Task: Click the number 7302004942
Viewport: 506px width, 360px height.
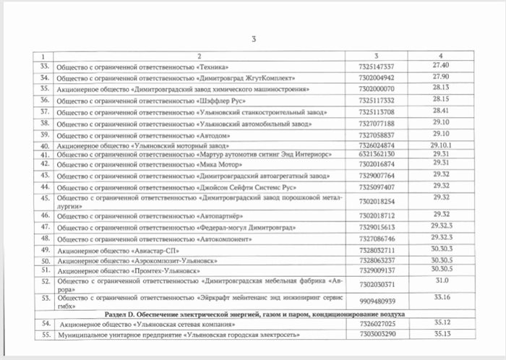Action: pyautogui.click(x=377, y=77)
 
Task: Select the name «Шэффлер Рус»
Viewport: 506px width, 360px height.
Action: pyautogui.click(x=224, y=100)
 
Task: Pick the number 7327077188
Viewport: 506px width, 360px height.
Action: pyautogui.click(x=377, y=124)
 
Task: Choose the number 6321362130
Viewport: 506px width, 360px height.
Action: pyautogui.click(x=377, y=155)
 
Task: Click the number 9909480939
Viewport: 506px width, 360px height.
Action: pyautogui.click(x=377, y=301)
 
